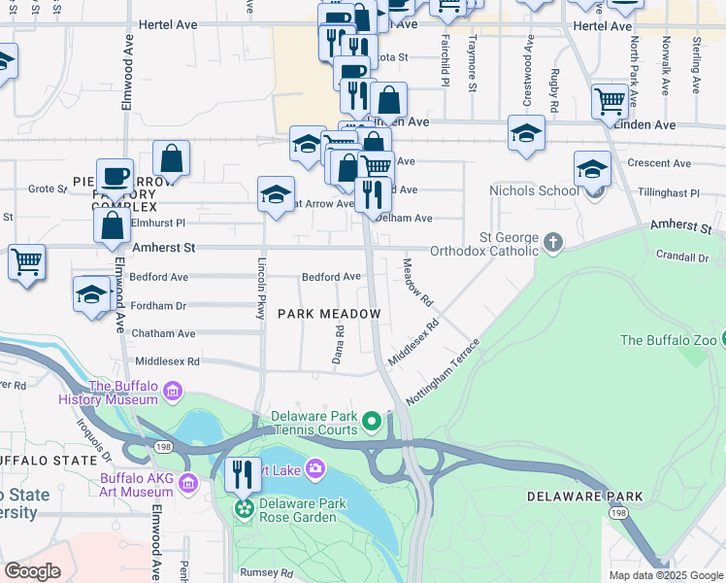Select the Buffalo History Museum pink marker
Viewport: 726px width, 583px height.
(173, 392)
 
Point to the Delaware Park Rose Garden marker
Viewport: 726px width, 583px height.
(244, 506)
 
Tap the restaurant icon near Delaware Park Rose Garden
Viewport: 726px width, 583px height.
(243, 475)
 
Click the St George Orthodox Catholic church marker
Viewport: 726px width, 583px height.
(553, 241)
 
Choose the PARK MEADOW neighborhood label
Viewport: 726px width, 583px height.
(328, 313)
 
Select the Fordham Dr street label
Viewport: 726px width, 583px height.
(157, 305)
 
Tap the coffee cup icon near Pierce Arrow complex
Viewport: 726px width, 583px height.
(115, 176)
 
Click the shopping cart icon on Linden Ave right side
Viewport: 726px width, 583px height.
(610, 101)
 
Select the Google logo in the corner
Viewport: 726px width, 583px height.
(32, 571)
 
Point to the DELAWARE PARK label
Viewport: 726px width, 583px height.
(585, 497)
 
